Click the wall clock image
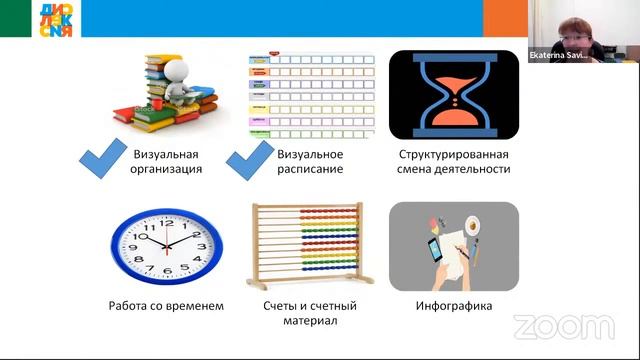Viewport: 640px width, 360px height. (166, 246)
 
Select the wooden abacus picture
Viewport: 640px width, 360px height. (309, 246)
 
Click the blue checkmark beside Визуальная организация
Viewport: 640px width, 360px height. (104, 161)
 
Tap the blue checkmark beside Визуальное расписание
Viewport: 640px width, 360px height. (247, 161)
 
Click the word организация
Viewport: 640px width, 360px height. (167, 170)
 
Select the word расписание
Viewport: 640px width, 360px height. (310, 170)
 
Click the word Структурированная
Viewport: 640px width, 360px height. (454, 154)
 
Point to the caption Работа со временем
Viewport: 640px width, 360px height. (167, 306)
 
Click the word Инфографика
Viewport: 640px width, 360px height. (454, 306)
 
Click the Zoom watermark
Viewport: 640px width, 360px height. (564, 326)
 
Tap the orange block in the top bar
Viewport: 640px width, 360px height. (505, 18)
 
